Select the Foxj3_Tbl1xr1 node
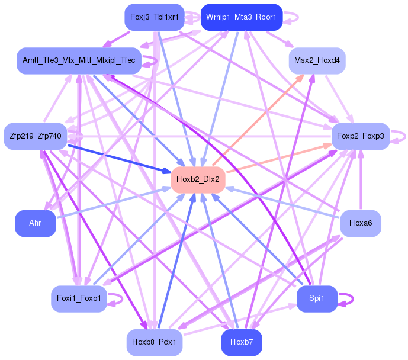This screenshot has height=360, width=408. (154, 17)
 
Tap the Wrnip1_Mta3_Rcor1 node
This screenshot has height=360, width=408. (241, 17)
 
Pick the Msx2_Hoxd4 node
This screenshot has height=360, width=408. (317, 61)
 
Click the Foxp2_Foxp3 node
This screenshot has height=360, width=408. (360, 136)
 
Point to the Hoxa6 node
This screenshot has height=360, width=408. (361, 223)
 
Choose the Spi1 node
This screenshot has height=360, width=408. (317, 298)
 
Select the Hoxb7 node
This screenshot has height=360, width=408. (242, 342)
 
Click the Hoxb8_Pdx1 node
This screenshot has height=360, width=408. (155, 342)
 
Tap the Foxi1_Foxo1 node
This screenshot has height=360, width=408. (79, 298)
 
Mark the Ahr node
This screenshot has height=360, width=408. (35, 223)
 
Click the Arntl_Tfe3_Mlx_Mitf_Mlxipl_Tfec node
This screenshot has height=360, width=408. (79, 61)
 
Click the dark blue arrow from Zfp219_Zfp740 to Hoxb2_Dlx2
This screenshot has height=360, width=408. (118, 158)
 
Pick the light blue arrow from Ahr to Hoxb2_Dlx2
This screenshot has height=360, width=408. (113, 203)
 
